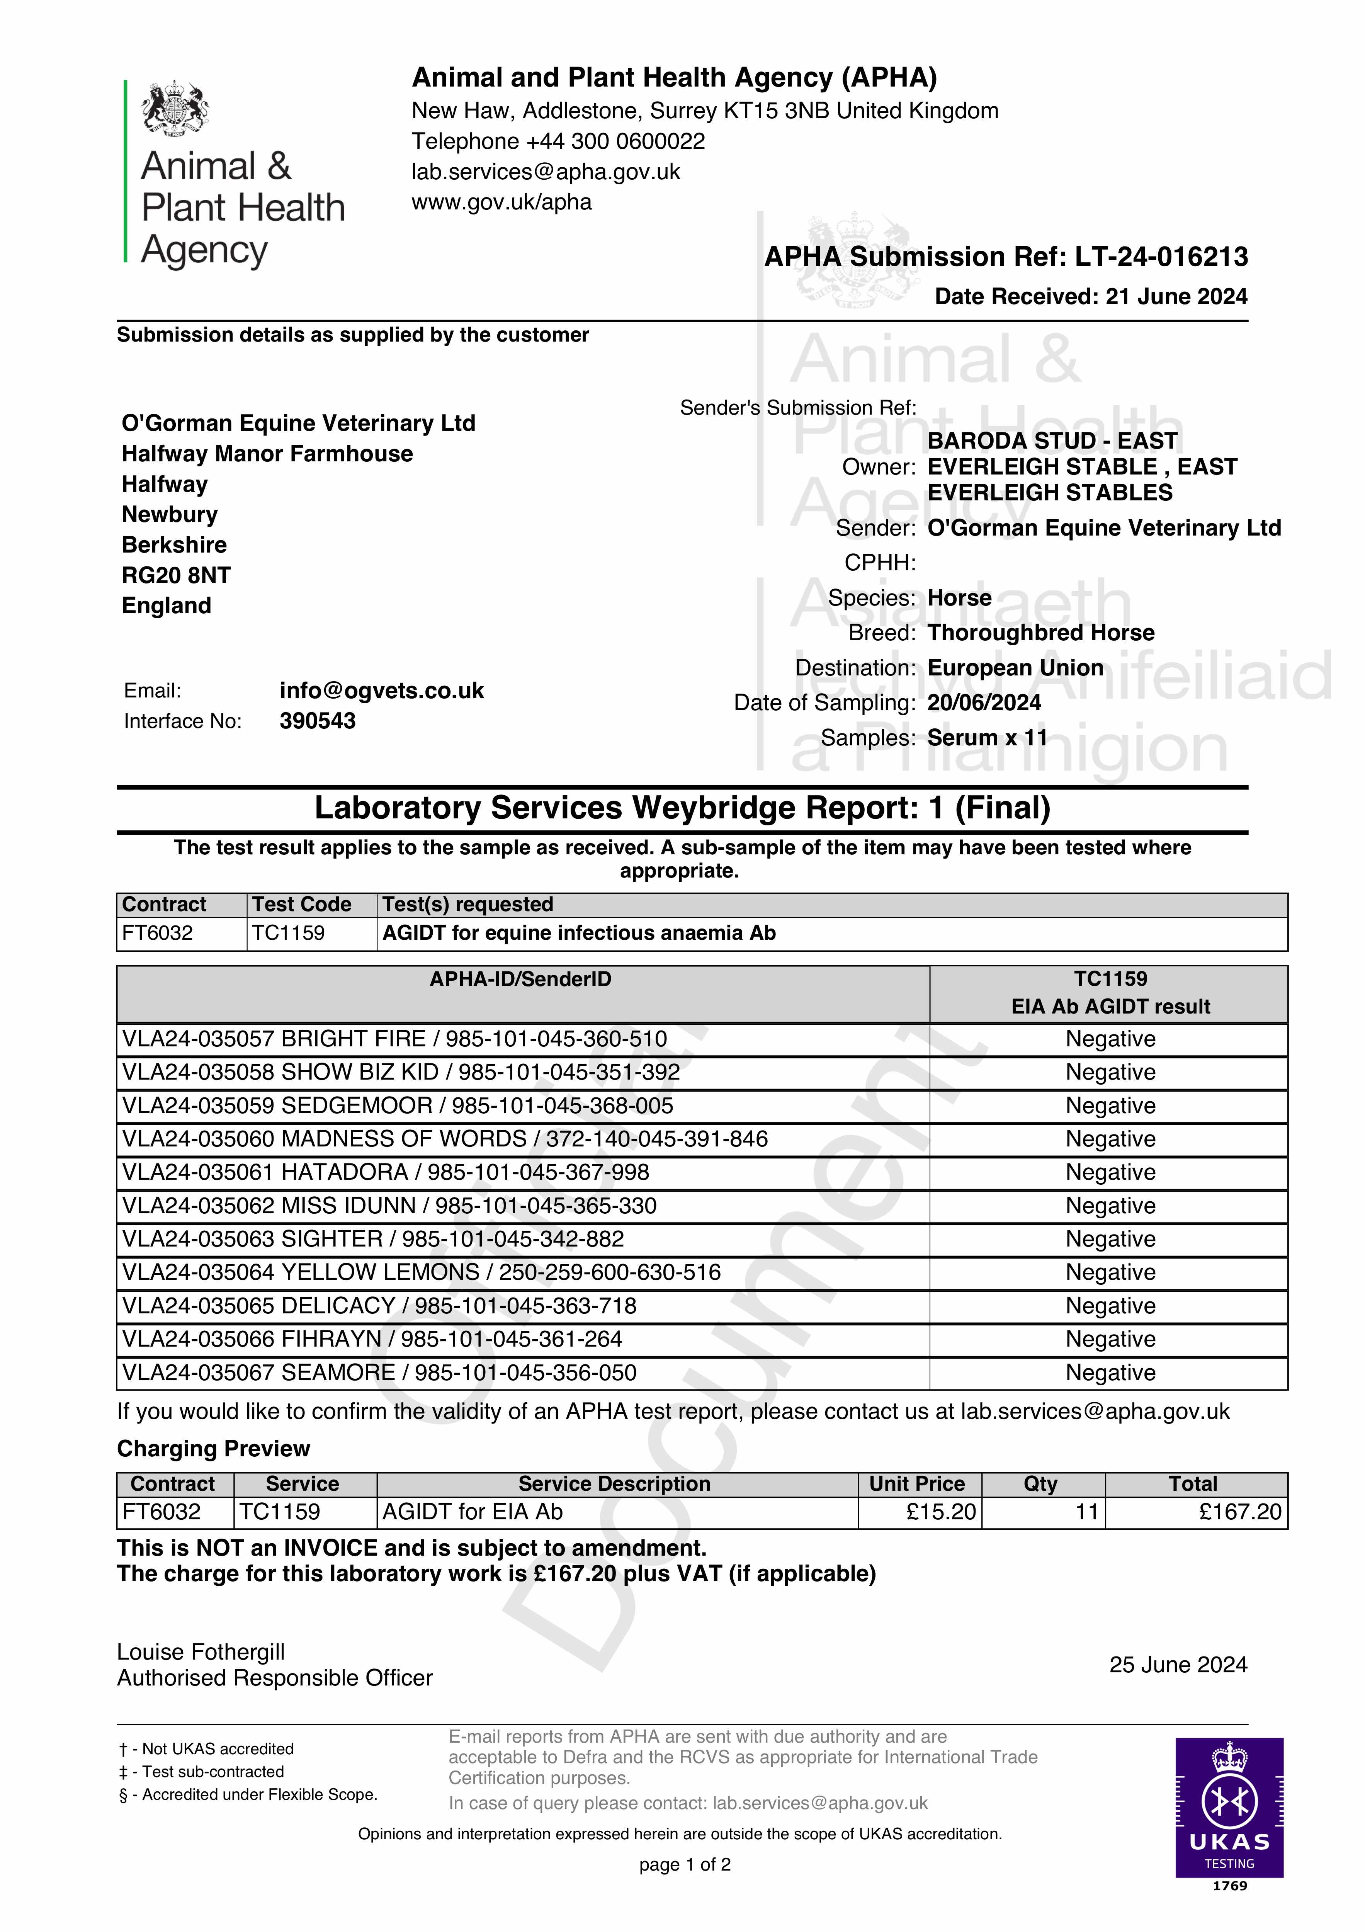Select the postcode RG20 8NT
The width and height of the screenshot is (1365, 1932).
pyautogui.click(x=176, y=576)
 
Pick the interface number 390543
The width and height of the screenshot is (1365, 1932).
pyautogui.click(x=317, y=721)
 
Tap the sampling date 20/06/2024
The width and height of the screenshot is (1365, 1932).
pyautogui.click(x=984, y=702)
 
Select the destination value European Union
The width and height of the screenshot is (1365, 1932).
pyautogui.click(x=1015, y=668)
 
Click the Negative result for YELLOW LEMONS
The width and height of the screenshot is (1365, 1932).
pyautogui.click(x=1110, y=1272)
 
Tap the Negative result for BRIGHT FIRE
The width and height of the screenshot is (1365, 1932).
pyautogui.click(x=1110, y=1039)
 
